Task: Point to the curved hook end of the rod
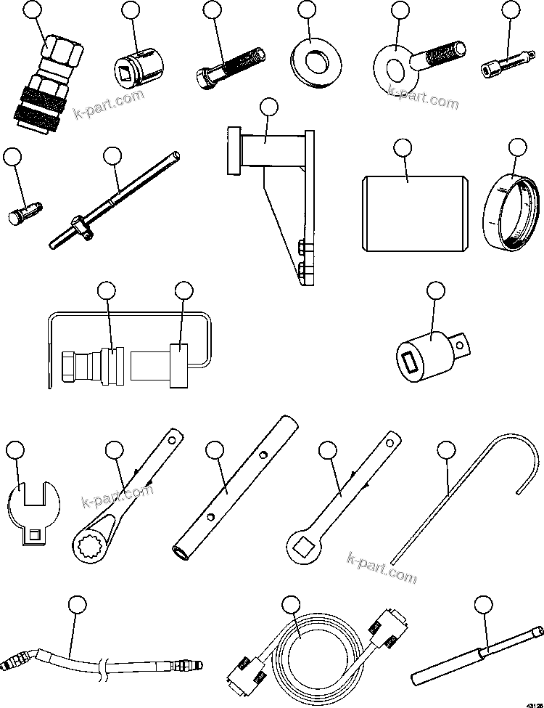point(522,457)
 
